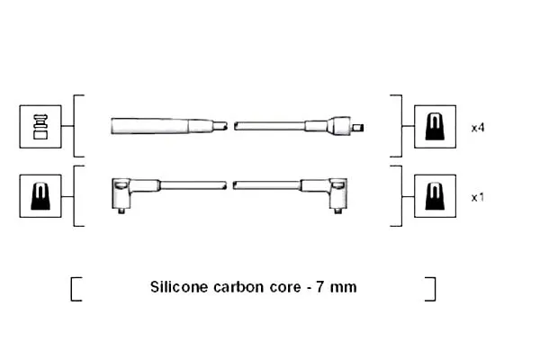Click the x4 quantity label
(478, 128)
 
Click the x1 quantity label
(477, 197)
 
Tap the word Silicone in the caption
(178, 286)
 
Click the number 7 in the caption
(319, 286)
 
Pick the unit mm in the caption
(343, 287)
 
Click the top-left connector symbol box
(40, 127)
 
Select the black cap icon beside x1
(435, 196)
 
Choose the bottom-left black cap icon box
(40, 196)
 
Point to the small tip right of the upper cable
(358, 128)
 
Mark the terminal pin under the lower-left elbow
(121, 211)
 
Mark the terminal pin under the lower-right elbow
(338, 211)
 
